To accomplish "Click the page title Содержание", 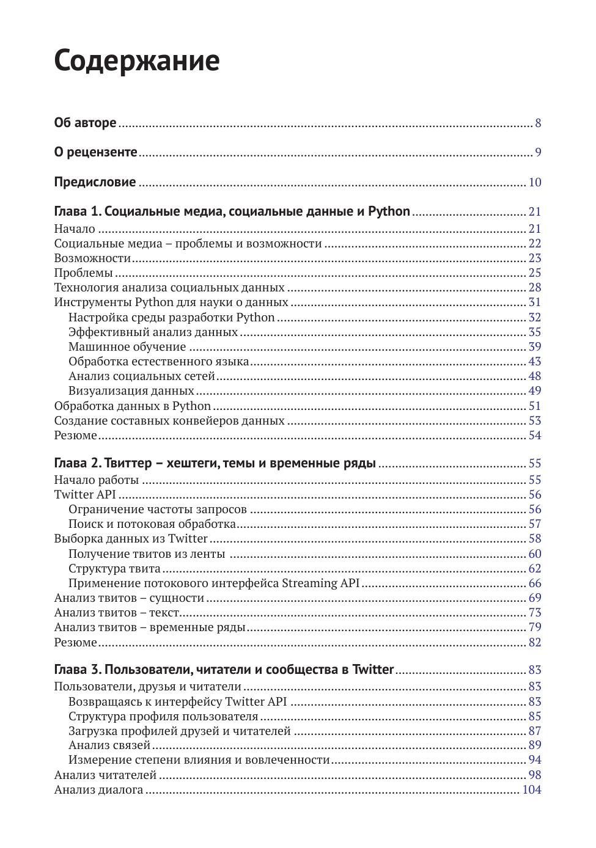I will (136, 60).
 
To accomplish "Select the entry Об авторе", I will (85, 123).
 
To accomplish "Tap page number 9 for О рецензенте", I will (538, 153).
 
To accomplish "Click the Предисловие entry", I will (95, 182).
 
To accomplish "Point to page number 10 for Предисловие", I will (535, 183).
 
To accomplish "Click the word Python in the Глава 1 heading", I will (389, 211).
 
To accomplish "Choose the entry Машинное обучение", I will (127, 347).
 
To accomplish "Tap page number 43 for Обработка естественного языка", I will (535, 362).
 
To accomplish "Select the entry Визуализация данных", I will (131, 391).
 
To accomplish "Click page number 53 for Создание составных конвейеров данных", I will (535, 421).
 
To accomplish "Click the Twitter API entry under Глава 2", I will (85, 495).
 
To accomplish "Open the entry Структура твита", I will (114, 569).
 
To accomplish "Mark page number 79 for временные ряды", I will (535, 627).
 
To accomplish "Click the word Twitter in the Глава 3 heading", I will (373, 670).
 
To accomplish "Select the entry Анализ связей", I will (109, 745).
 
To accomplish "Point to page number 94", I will (535, 760).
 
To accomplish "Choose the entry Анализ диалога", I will (98, 790).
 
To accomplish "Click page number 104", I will (532, 790).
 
